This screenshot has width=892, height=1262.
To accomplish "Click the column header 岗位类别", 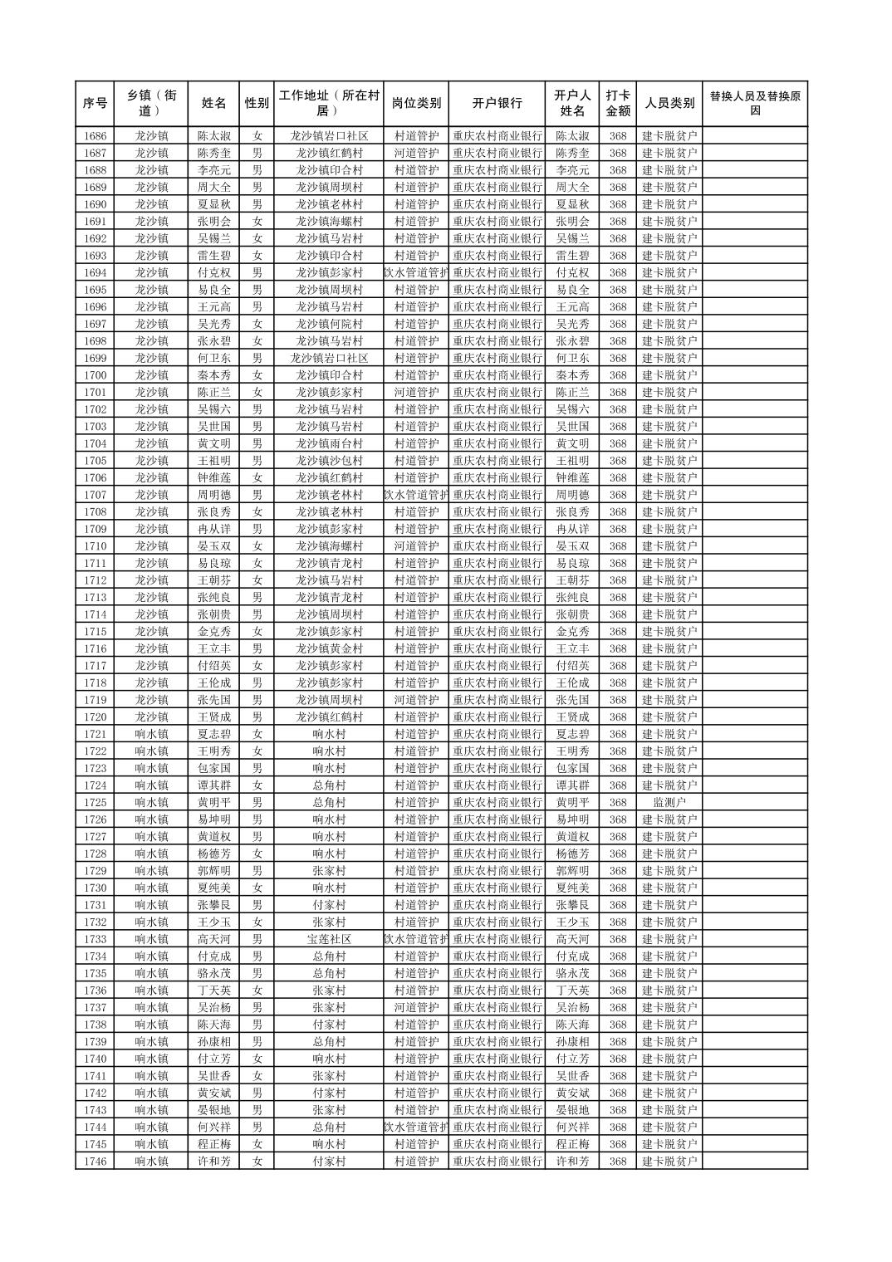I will click(x=415, y=103).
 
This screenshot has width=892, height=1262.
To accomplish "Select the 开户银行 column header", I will click(x=497, y=103).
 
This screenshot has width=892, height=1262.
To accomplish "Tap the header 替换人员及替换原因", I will click(x=754, y=103).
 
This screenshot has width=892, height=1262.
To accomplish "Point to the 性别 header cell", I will click(x=257, y=103).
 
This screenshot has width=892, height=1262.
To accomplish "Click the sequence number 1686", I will click(x=96, y=136).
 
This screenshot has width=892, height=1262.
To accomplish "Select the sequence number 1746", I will click(x=96, y=1162).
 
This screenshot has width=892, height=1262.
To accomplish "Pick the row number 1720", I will click(x=96, y=717).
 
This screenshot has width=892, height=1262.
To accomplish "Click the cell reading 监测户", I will click(x=669, y=803).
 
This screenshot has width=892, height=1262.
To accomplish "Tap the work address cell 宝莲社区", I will click(x=329, y=939).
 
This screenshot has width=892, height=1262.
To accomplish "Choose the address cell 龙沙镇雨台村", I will click(x=329, y=443).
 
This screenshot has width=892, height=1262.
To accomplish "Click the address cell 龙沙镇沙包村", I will click(x=329, y=461).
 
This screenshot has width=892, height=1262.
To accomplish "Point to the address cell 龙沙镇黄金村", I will click(x=329, y=648).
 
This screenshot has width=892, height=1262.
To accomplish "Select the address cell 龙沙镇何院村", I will click(x=329, y=324).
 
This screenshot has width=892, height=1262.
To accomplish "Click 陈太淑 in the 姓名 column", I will click(x=214, y=136).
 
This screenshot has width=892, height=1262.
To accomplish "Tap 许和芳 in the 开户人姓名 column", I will click(x=572, y=1162).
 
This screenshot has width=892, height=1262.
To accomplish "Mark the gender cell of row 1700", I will click(x=257, y=375).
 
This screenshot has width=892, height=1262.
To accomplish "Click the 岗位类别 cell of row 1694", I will click(x=415, y=272).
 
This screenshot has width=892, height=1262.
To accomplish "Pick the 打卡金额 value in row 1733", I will click(x=617, y=939).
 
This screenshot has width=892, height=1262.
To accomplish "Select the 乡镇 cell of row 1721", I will click(x=152, y=734).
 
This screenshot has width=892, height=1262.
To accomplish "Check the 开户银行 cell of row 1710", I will click(x=497, y=546).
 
